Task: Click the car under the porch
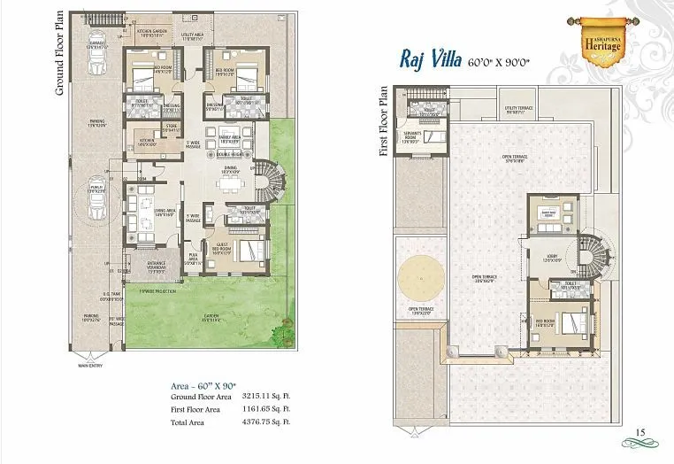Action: coord(96,202)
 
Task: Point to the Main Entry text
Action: coord(91,363)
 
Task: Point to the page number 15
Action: coord(642,432)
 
